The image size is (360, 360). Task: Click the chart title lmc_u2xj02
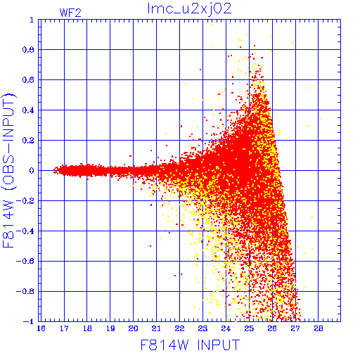(189, 9)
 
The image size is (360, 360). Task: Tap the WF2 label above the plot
(70, 13)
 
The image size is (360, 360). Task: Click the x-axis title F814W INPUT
(190, 345)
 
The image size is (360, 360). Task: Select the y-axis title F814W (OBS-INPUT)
(8, 171)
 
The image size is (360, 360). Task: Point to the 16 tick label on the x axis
(41, 328)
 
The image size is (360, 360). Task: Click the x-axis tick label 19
(110, 328)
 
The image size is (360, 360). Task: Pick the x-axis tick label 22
(179, 328)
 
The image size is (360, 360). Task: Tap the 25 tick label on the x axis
(249, 328)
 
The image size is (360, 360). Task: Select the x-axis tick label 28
(319, 328)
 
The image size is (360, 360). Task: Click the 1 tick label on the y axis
(32, 20)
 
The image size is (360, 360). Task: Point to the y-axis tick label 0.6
(28, 80)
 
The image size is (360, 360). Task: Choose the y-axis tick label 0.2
(28, 141)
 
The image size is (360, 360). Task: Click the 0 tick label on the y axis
(32, 171)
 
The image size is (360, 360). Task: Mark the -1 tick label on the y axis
(29, 321)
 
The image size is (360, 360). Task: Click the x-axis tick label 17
(64, 328)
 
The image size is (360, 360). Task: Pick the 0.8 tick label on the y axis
(28, 50)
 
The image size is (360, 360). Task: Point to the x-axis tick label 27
(295, 328)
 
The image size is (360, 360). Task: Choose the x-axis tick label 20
(133, 328)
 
